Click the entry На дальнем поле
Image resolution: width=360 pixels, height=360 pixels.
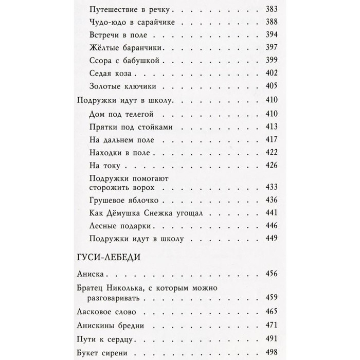coord(119,139)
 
